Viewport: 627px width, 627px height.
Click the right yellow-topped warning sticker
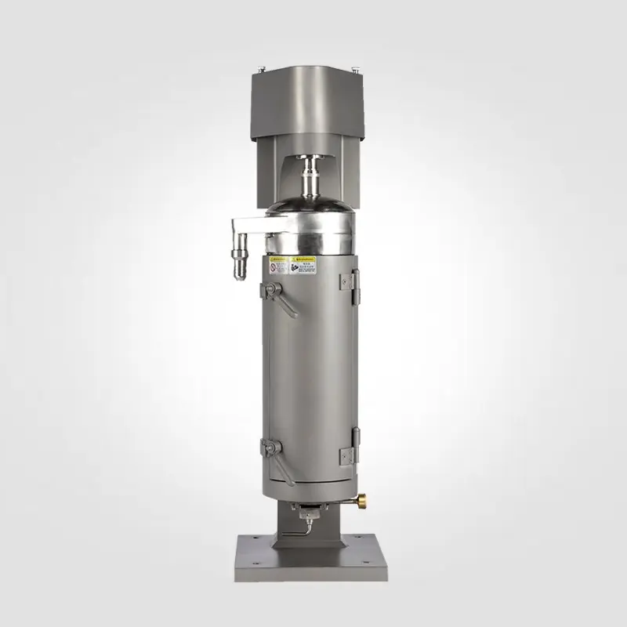tap(303, 265)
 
